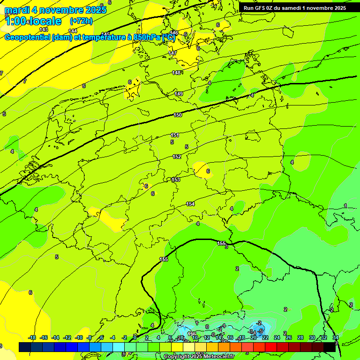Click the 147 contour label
pyautogui.click(x=172, y=53)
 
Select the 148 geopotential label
pyautogui.click(x=176, y=73)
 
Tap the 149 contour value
pyautogui.click(x=179, y=94)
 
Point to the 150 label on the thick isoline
pyautogui.click(x=178, y=115)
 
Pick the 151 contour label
pyautogui.click(x=174, y=135)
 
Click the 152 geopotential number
pyautogui.click(x=177, y=157)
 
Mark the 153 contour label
pyautogui.click(x=176, y=180)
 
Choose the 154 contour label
pyautogui.click(x=190, y=204)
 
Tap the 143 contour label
pyautogui.click(x=44, y=30)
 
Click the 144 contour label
pyautogui.click(x=73, y=31)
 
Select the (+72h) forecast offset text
pyautogui.click(x=81, y=21)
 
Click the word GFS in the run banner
pyautogui.click(x=262, y=8)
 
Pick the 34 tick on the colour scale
pyautogui.click(x=336, y=337)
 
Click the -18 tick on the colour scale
pyautogui.click(x=32, y=337)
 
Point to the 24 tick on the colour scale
pyautogui.click(x=277, y=337)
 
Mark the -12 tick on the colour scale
pyautogui.click(x=67, y=337)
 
